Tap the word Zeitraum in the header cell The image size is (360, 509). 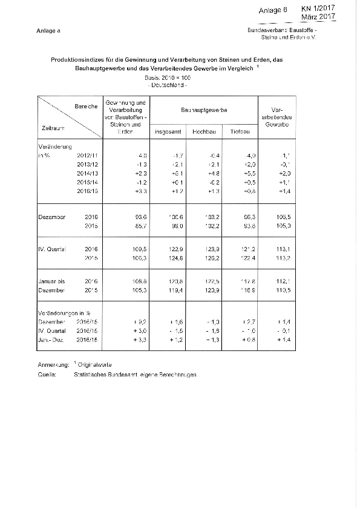point(54,128)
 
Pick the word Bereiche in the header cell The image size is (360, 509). point(85,107)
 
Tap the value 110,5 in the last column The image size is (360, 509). point(275,291)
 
